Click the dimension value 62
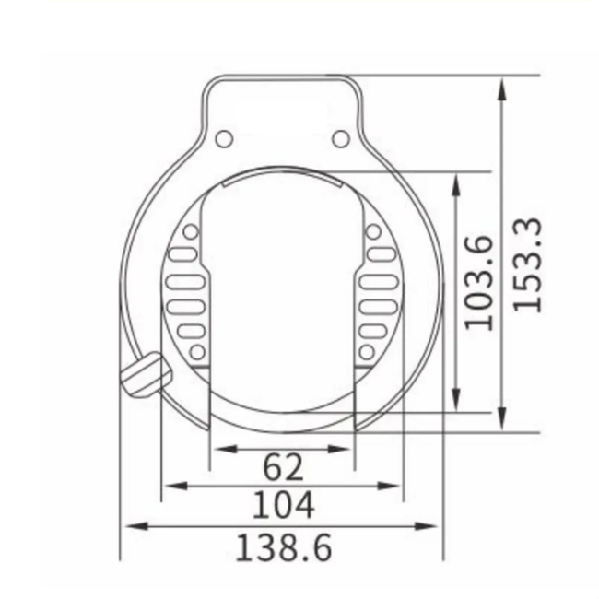283,467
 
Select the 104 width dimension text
283,505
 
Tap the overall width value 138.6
283,547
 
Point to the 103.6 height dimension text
479,282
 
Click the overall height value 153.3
528,264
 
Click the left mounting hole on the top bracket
223,139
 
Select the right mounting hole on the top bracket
341,139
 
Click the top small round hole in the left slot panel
191,231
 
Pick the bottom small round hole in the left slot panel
196,351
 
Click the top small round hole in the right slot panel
373,231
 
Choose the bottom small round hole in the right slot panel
367,351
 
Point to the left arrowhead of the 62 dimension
218,449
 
